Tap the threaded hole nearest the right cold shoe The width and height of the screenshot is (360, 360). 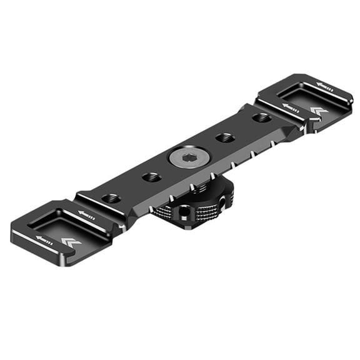pos(261,117)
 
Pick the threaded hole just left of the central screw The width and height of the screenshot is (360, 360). pos(152,177)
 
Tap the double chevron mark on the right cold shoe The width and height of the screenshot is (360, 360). pos(319,111)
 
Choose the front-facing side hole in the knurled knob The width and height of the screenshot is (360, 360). pos(182,212)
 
